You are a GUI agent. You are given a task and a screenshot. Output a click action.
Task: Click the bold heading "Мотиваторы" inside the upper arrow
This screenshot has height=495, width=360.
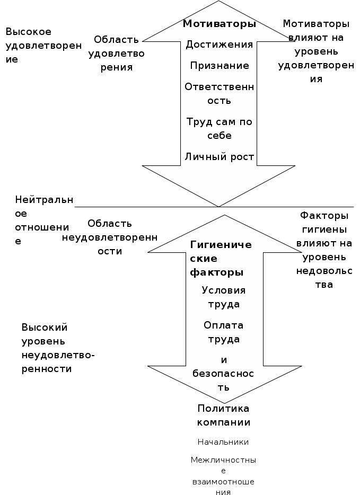pos(219,24)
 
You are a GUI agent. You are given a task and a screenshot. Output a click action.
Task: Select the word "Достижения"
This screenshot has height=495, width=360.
pos(219,45)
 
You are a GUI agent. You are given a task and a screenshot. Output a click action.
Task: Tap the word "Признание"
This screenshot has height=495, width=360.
pos(219,66)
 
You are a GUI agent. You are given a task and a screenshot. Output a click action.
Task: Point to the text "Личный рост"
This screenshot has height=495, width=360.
pos(219,157)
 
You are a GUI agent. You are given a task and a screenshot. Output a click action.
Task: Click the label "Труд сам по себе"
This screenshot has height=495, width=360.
pos(219,129)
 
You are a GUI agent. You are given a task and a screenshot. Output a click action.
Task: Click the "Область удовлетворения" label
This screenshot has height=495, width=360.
pos(117,54)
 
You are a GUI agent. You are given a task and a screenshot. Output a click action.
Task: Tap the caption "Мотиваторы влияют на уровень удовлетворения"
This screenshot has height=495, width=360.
pos(316,51)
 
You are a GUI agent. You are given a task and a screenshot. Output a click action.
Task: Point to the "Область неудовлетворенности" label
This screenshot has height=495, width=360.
pos(110,237)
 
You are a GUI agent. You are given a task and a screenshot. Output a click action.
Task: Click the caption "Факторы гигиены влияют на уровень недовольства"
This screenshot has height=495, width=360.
pos(324,250)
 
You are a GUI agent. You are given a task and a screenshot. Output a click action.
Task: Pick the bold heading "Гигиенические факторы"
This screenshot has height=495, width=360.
pos(220,259)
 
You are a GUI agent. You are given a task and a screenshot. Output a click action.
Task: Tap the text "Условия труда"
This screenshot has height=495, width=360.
pos(223,297)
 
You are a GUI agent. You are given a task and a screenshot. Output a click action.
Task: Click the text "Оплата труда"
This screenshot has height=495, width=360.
pos(223,332)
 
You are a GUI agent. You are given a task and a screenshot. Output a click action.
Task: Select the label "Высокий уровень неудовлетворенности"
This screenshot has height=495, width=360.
pos(57,348)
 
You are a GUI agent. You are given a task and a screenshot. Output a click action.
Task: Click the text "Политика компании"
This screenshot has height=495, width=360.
pos(223,416)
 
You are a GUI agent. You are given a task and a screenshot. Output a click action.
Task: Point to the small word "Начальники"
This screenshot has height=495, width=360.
pos(223,442)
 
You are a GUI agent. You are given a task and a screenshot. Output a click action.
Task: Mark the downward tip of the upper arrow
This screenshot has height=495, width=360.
pos(219,205)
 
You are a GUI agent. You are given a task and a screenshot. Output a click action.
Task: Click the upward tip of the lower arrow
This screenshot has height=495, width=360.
pos(225,216)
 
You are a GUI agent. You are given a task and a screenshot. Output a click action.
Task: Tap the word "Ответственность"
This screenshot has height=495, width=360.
pos(219,93)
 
